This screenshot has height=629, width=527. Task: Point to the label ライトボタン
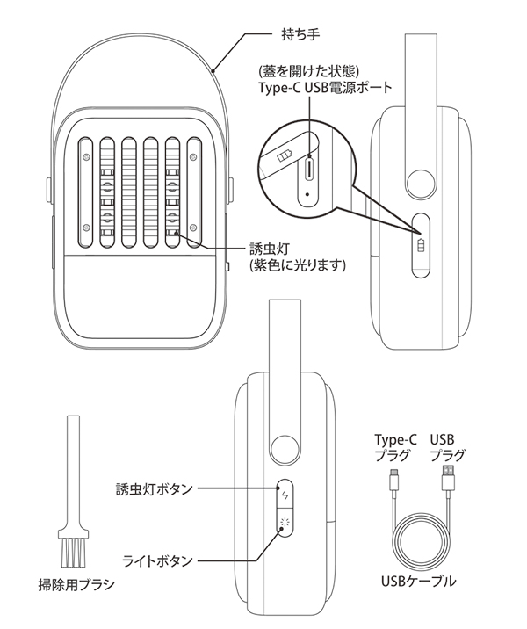point(159,559)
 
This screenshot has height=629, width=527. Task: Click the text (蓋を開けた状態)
point(306,71)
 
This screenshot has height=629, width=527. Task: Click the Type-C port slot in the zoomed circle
point(310,167)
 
